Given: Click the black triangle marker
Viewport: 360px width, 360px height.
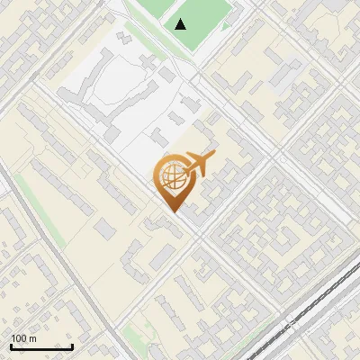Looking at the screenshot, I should pyautogui.click(x=181, y=23).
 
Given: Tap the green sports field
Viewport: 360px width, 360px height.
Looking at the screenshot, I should pyautogui.click(x=200, y=18).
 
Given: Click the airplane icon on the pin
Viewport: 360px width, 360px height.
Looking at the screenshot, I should pyautogui.click(x=199, y=165).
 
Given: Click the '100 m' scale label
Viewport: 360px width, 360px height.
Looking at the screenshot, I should pyautogui.click(x=23, y=338).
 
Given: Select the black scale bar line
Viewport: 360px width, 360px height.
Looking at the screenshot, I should pyautogui.click(x=41, y=347).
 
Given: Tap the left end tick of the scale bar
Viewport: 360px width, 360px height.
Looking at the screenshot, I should pyautogui.click(x=11, y=346).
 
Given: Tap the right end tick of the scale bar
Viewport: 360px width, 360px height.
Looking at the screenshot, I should pyautogui.click(x=72, y=346).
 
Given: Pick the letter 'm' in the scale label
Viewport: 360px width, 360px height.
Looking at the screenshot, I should pyautogui.click(x=32, y=338).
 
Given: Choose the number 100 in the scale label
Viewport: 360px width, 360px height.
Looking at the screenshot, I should pyautogui.click(x=19, y=338).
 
